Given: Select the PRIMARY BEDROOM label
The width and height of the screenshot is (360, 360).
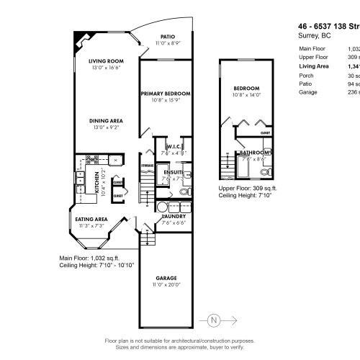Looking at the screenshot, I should (x=166, y=94).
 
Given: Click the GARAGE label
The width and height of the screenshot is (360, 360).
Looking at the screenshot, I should (x=167, y=278).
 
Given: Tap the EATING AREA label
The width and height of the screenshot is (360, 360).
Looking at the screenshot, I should (x=91, y=219).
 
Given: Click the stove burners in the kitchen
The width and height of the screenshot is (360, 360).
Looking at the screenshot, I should (x=92, y=158).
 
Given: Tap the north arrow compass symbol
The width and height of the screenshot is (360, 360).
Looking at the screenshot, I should (x=212, y=319).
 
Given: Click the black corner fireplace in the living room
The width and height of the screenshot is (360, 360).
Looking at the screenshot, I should (x=78, y=37).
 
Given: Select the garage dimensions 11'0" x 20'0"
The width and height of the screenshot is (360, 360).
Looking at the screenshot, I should (x=167, y=284).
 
